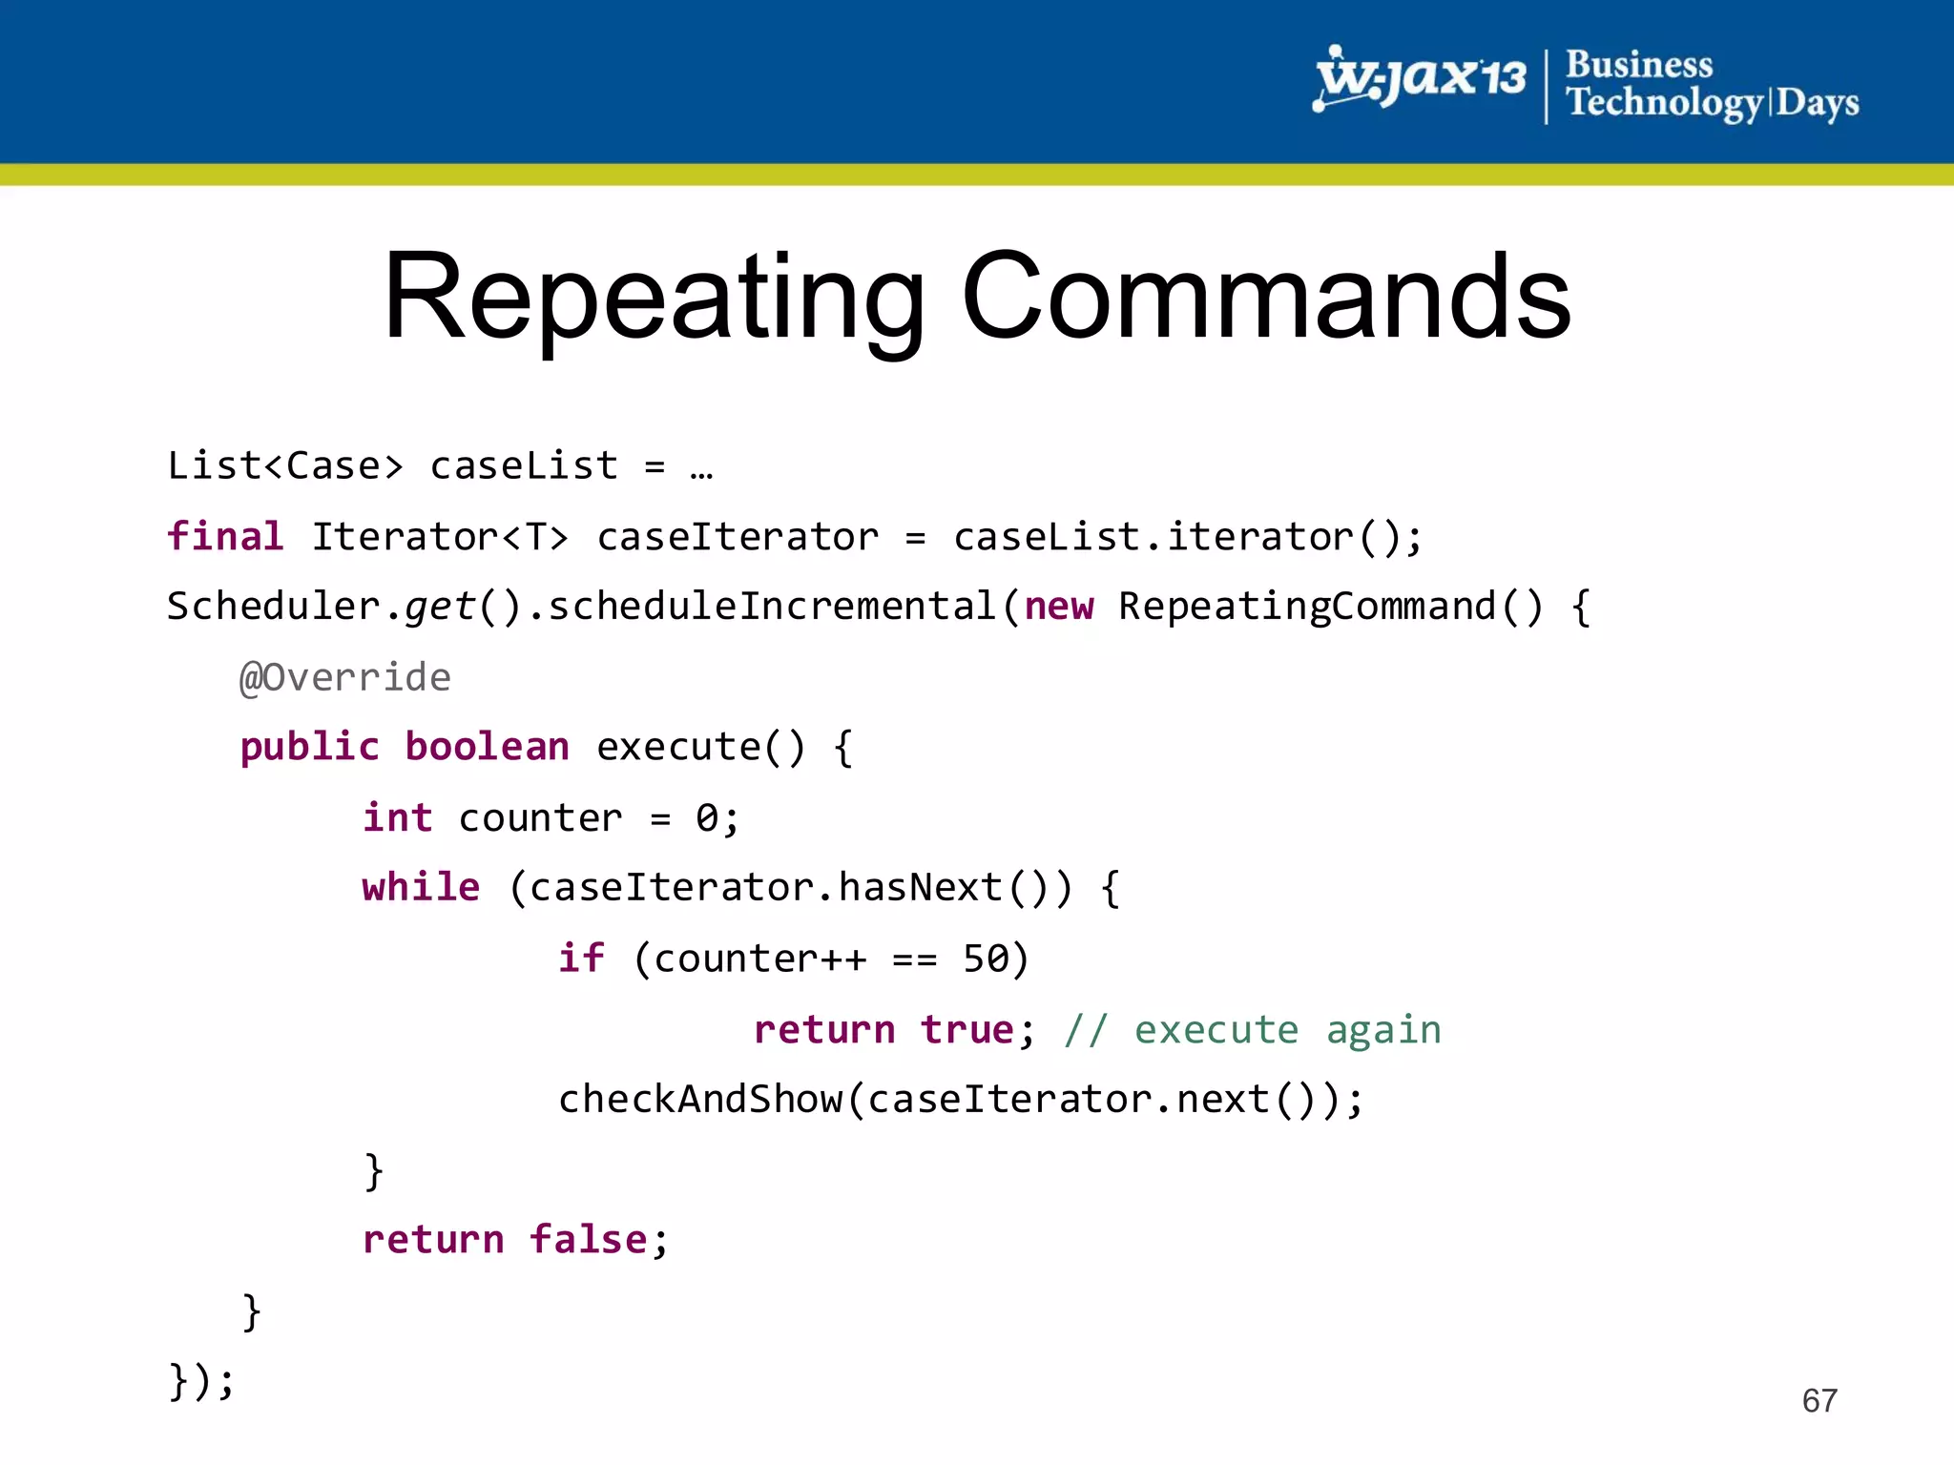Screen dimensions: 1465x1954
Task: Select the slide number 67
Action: [1819, 1400]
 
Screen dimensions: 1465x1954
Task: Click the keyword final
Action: [225, 536]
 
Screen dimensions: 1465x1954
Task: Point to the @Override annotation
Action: [344, 677]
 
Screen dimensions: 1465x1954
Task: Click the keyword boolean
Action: [487, 747]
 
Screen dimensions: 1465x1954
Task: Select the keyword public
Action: [309, 747]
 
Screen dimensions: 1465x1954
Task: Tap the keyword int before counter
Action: [397, 817]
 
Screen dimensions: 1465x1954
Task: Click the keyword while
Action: [421, 888]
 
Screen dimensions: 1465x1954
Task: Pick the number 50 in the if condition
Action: [986, 959]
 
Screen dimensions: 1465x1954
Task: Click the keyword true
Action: [967, 1030]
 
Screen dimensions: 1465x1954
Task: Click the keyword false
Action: [589, 1240]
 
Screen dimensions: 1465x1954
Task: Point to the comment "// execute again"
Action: [1253, 1030]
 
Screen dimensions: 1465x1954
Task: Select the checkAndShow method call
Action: [701, 1100]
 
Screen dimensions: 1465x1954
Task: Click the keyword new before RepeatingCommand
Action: [1058, 607]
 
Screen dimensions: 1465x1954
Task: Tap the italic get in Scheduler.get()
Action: [439, 607]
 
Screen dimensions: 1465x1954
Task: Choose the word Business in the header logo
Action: [1639, 65]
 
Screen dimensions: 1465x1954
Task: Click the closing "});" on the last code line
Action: [200, 1380]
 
